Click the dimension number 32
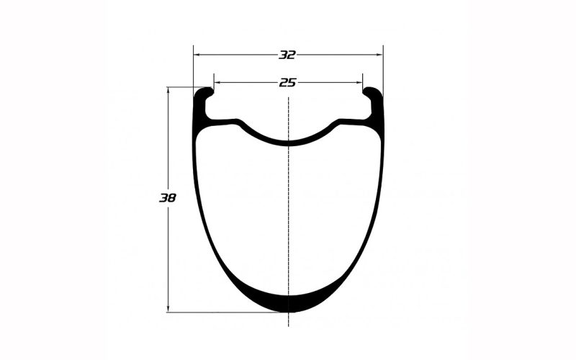click(x=287, y=55)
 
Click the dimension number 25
click(x=287, y=83)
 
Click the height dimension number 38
click(x=168, y=198)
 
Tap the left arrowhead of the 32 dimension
click(x=197, y=55)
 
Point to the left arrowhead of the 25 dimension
click(x=217, y=83)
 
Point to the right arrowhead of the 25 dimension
click(x=359, y=83)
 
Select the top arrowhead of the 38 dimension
click(x=168, y=91)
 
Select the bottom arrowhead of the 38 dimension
click(x=168, y=309)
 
